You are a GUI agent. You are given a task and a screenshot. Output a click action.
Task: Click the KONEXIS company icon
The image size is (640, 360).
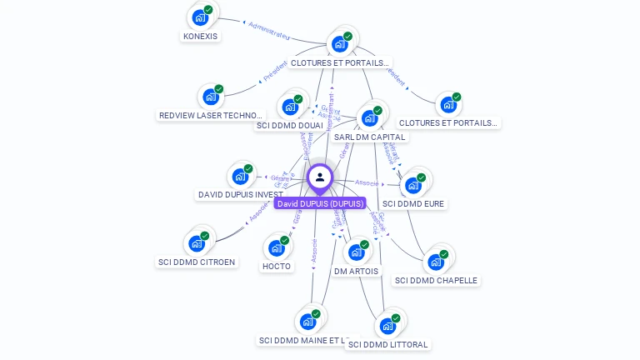point(199,17)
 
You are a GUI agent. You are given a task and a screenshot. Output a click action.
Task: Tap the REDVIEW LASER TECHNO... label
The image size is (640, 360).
point(210,115)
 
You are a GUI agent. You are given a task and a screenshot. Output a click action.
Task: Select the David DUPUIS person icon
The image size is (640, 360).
point(320,177)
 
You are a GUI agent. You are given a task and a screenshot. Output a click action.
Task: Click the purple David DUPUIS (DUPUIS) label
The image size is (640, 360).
point(321,203)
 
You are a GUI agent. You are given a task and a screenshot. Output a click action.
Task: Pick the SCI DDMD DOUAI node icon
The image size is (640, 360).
point(290,106)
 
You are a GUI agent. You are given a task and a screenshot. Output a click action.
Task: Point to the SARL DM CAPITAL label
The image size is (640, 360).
point(369,137)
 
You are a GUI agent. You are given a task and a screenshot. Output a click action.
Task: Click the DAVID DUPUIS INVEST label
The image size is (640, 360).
point(241,194)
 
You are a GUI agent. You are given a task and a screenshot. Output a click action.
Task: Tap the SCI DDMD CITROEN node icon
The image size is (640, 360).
point(197,243)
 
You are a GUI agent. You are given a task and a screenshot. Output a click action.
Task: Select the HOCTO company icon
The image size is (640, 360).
point(277,247)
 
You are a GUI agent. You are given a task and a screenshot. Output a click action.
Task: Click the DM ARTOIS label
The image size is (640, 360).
point(356,271)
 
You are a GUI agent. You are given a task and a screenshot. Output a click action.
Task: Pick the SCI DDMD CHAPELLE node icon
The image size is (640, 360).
point(435,262)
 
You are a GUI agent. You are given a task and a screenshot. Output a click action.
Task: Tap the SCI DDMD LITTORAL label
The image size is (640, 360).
point(387,344)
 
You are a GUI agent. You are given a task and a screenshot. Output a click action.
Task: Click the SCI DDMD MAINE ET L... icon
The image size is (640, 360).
point(309,322)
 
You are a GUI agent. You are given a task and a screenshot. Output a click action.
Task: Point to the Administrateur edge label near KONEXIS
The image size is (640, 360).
point(268,30)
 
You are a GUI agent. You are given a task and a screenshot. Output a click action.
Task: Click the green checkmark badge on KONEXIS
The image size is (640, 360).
point(208,9)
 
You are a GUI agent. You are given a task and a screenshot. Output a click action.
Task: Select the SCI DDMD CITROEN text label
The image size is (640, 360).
point(197,262)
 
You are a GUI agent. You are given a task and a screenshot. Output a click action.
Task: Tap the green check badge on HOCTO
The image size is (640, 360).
point(285,240)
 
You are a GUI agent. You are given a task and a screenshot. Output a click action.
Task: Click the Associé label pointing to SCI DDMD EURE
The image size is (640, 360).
point(367,182)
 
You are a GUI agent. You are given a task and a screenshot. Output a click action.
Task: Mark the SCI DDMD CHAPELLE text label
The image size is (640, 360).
point(436,280)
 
